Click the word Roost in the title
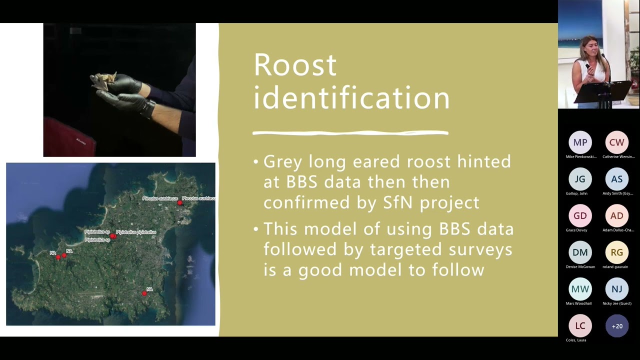(x=295, y=65)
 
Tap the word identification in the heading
(x=351, y=98)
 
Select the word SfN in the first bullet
(x=398, y=202)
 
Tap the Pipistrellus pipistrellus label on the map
(x=136, y=232)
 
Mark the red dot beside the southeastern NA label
(x=144, y=293)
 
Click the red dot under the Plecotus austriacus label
(x=180, y=203)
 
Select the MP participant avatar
(x=580, y=142)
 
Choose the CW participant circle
(x=616, y=142)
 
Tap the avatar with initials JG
(x=580, y=179)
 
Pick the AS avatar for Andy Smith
(x=616, y=179)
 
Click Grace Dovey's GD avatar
(x=580, y=216)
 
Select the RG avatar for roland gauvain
(x=616, y=252)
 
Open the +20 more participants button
(x=616, y=326)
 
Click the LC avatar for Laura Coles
(x=580, y=326)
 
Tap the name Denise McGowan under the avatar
(x=580, y=267)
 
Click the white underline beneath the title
(x=350, y=133)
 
